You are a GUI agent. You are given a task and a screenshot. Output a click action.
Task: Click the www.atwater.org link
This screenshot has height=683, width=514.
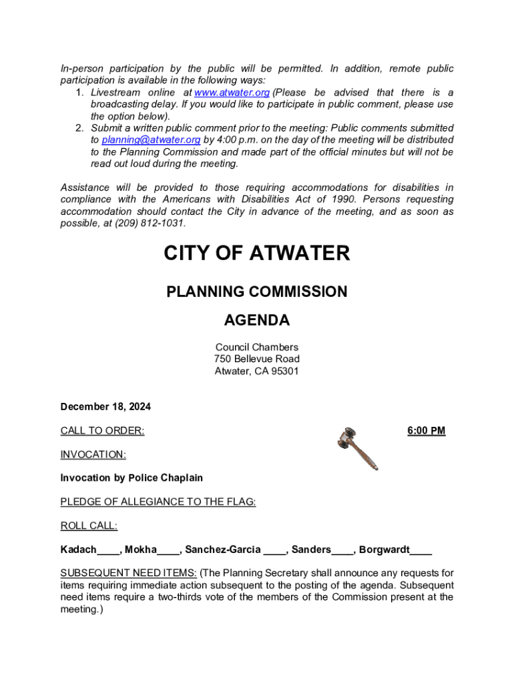point(231,93)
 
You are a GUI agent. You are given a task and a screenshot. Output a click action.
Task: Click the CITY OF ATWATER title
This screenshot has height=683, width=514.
point(257,253)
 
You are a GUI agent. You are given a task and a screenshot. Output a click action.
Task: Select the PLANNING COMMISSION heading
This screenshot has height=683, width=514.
point(257,291)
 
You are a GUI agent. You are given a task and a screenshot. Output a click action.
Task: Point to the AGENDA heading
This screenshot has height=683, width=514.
point(257,321)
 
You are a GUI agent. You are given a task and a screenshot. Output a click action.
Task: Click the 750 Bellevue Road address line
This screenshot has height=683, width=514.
point(257,360)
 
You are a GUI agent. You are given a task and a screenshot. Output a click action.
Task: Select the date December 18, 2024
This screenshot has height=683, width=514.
point(105,407)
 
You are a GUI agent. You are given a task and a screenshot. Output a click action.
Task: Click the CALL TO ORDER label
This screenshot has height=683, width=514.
point(102,431)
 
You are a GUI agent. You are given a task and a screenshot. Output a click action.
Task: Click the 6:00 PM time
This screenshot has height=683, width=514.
point(426,431)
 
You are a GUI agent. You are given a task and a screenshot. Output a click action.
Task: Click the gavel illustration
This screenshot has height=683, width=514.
point(357,447)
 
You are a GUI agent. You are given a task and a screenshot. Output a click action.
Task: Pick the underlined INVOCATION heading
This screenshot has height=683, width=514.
point(93,455)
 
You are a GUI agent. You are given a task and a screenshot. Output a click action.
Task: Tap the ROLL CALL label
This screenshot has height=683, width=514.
point(89,526)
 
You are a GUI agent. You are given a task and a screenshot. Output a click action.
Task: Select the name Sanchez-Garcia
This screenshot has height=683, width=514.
point(222,550)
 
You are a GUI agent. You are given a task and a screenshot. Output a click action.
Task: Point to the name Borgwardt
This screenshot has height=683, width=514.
point(384,550)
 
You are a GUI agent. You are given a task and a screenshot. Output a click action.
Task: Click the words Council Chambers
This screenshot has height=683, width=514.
point(257,348)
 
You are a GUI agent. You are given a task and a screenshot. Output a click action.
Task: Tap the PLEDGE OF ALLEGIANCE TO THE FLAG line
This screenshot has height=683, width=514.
point(158,502)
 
